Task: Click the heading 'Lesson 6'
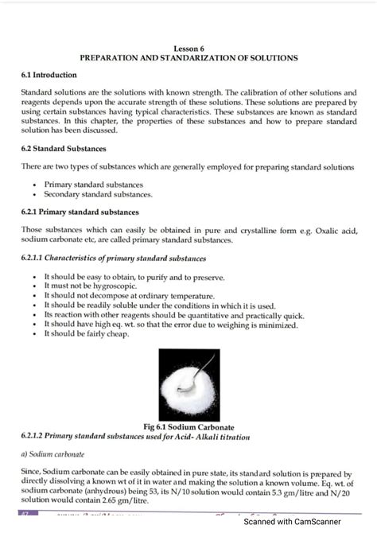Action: [188, 48]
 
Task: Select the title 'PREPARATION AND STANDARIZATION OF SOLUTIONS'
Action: [188, 58]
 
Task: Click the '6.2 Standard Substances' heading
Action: [64, 149]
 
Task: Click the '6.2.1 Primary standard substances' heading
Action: [80, 212]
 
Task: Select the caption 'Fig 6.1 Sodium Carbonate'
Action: [188, 427]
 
